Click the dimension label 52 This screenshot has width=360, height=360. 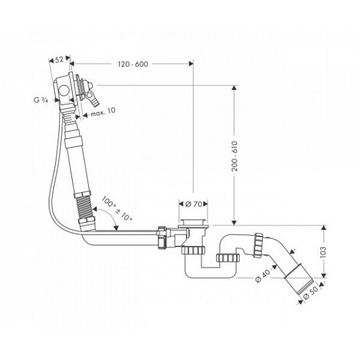[59, 59]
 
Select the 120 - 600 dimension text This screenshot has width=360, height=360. [133, 64]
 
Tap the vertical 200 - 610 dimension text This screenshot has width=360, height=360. [235, 156]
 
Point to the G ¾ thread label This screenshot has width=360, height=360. [41, 100]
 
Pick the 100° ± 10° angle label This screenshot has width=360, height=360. [116, 208]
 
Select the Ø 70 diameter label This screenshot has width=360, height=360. [194, 204]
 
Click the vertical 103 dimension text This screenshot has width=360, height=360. [323, 252]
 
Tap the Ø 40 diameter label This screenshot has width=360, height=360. [262, 276]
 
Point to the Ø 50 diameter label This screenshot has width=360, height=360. [311, 293]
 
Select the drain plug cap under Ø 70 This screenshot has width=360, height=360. [194, 222]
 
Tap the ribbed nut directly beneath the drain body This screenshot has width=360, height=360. [193, 250]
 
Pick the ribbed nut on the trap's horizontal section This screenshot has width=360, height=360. [228, 258]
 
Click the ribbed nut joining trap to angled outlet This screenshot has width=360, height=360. [260, 245]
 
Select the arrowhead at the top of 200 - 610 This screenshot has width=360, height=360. [234, 88]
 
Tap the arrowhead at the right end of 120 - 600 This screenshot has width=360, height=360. [191, 64]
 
